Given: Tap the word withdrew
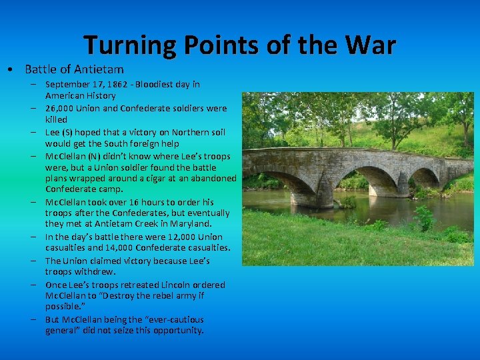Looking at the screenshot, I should coord(97,271).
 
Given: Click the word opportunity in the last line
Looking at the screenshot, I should coord(180,330).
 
